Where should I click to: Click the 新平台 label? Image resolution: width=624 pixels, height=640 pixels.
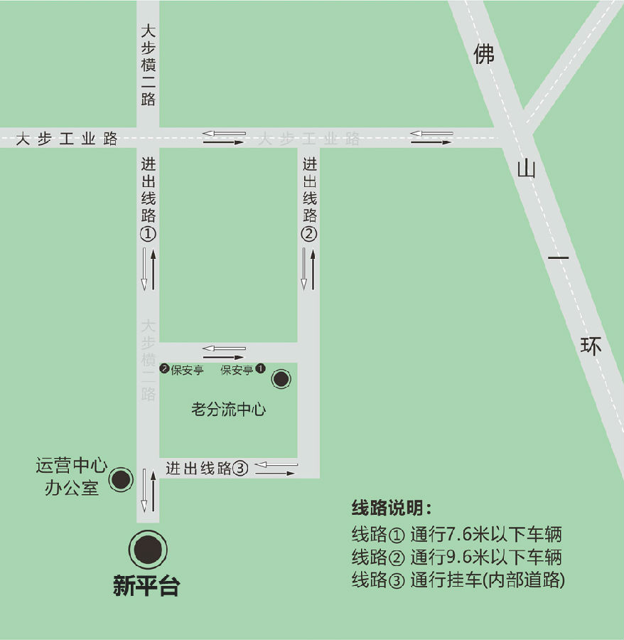point(146,586)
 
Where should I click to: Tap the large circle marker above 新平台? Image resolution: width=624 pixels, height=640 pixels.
point(148,549)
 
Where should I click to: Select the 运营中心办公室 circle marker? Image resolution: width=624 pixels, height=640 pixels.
point(122,480)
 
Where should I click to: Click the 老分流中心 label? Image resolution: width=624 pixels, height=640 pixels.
point(228,410)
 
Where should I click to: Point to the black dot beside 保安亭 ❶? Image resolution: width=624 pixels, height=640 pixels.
point(281,379)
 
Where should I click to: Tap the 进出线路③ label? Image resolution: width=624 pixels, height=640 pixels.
point(207,468)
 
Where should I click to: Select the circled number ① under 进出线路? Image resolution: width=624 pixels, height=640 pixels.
point(148,234)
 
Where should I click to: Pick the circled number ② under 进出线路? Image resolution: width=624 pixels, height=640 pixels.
point(309,234)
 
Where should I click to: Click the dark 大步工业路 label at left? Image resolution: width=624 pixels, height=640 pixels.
point(67,139)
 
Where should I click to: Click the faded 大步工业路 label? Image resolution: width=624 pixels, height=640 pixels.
point(308,139)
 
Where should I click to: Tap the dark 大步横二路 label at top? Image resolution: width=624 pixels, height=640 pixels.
point(148,65)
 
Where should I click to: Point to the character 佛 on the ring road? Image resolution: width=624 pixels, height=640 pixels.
point(484,53)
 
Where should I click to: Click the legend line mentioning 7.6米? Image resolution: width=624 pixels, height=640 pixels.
point(457,534)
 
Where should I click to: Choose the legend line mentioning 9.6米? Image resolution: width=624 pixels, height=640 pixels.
point(457,556)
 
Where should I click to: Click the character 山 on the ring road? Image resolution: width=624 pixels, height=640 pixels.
point(527,169)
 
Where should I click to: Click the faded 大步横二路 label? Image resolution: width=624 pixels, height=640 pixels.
point(148,360)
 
